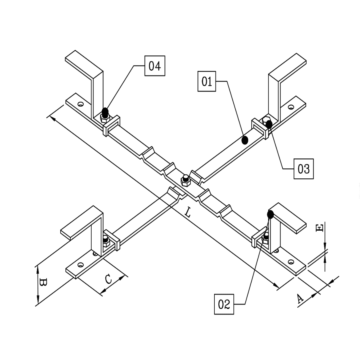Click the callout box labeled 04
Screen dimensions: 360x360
coord(155,66)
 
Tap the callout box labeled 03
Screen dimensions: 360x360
coord(303,169)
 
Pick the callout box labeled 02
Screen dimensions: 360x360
coord(224,304)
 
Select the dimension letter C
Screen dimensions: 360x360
coord(109,279)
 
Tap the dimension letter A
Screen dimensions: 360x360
coord(300,299)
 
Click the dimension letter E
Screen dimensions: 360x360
coord(319,228)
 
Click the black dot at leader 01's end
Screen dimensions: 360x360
coord(245,140)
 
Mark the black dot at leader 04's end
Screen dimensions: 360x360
coord(105,111)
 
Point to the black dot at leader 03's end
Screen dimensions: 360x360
coord(269,125)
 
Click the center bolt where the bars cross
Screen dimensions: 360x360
coord(186,180)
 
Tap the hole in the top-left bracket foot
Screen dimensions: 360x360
coord(80,104)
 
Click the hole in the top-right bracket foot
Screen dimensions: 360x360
coord(291,107)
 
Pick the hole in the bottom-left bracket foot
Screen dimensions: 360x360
coord(80,265)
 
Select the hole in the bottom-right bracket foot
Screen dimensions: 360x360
coord(291,262)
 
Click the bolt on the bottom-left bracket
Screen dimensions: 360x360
coord(106,241)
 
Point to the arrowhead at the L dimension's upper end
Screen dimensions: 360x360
coord(50,117)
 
